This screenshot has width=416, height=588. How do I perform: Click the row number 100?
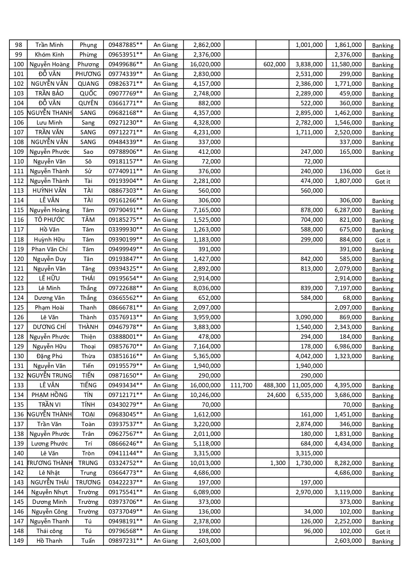click(18, 64)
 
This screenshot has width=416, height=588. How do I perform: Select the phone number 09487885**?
click(125, 45)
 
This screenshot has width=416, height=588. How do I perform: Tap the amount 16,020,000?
click(205, 64)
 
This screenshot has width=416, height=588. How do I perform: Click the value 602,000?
click(274, 64)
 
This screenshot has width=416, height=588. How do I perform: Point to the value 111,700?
click(241, 385)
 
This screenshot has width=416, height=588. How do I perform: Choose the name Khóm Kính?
click(49, 55)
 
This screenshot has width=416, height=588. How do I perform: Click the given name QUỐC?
click(88, 93)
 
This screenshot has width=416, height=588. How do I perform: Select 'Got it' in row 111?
click(382, 172)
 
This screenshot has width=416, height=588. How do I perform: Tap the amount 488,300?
click(274, 385)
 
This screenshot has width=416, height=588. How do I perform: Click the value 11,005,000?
click(307, 385)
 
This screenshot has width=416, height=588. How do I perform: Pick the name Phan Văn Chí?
click(49, 249)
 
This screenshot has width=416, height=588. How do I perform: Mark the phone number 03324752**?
click(125, 463)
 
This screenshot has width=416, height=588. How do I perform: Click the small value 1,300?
click(278, 463)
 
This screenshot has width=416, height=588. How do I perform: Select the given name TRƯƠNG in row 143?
click(88, 482)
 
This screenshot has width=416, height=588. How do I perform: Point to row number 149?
click(18, 541)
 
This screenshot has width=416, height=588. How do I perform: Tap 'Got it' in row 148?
click(382, 532)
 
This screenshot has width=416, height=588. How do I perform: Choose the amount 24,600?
click(276, 395)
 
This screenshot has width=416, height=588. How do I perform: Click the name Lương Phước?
click(49, 444)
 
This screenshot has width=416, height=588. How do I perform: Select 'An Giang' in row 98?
click(166, 45)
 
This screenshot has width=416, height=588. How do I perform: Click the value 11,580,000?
click(346, 64)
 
